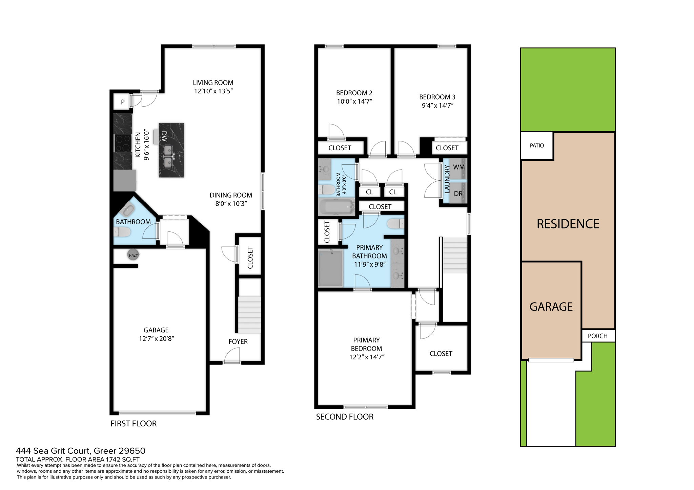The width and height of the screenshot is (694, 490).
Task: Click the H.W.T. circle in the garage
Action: click(x=133, y=255)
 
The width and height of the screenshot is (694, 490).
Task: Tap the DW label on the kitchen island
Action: click(x=164, y=136)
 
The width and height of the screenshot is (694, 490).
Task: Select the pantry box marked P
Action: click(x=122, y=102)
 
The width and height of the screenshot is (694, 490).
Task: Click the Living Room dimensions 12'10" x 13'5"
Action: click(x=213, y=91)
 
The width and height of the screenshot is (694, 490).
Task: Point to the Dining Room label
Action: click(x=231, y=195)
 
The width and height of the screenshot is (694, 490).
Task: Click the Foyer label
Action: click(x=238, y=341)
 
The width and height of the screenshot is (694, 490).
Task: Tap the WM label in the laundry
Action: click(x=459, y=167)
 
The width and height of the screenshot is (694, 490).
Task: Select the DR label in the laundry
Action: click(x=458, y=194)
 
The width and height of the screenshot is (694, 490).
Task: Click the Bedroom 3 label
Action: click(x=437, y=97)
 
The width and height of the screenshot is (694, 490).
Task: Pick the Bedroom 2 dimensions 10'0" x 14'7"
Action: click(x=354, y=101)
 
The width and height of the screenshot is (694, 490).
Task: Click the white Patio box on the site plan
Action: click(x=537, y=146)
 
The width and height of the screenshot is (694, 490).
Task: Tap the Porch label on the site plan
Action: click(x=597, y=336)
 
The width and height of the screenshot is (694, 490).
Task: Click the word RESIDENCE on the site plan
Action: click(x=568, y=224)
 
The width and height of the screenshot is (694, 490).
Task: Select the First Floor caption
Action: click(x=134, y=424)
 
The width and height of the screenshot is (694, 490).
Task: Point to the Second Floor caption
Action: click(x=345, y=417)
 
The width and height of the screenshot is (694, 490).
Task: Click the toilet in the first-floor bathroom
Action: click(x=123, y=232)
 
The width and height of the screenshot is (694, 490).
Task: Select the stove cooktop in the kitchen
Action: click(x=123, y=143)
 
